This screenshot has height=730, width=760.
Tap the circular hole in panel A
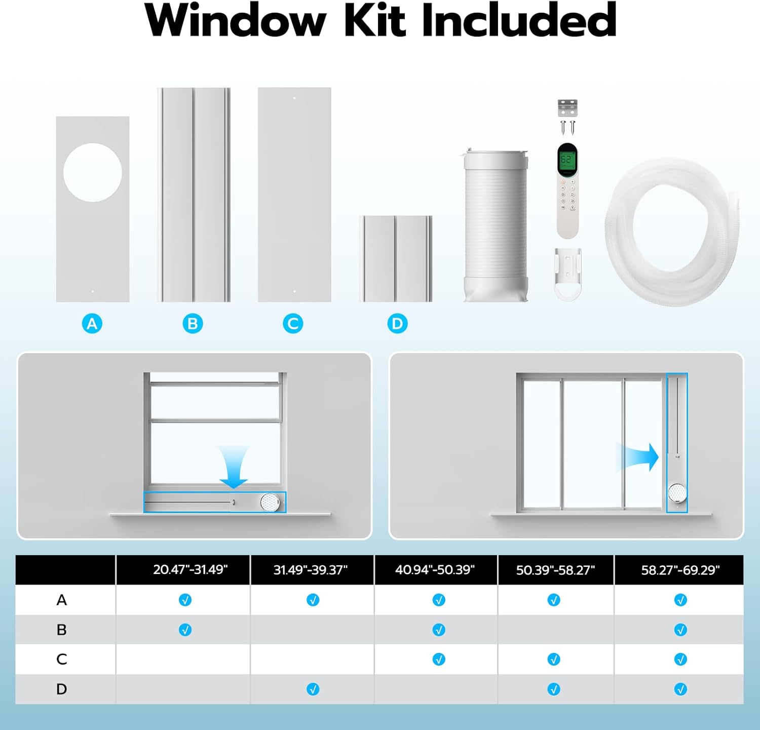[93, 173]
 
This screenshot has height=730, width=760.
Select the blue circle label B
[193, 324]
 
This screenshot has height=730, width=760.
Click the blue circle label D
[397, 324]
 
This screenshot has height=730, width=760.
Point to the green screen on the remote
[567, 161]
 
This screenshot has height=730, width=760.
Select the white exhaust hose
[496, 226]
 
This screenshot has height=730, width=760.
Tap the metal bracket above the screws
[567, 108]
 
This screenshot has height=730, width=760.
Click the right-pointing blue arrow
[639, 456]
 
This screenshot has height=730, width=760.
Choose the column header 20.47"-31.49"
[190, 569]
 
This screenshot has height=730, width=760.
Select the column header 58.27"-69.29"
[680, 570]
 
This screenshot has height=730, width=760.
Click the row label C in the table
[61, 659]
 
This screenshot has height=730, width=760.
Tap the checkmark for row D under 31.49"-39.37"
[313, 689]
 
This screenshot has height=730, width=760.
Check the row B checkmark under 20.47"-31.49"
[185, 630]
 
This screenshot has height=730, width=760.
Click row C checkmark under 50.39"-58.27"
[554, 659]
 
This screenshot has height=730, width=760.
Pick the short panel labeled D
[396, 258]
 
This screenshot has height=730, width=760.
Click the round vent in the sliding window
[677, 492]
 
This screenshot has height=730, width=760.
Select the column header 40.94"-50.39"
[435, 569]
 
